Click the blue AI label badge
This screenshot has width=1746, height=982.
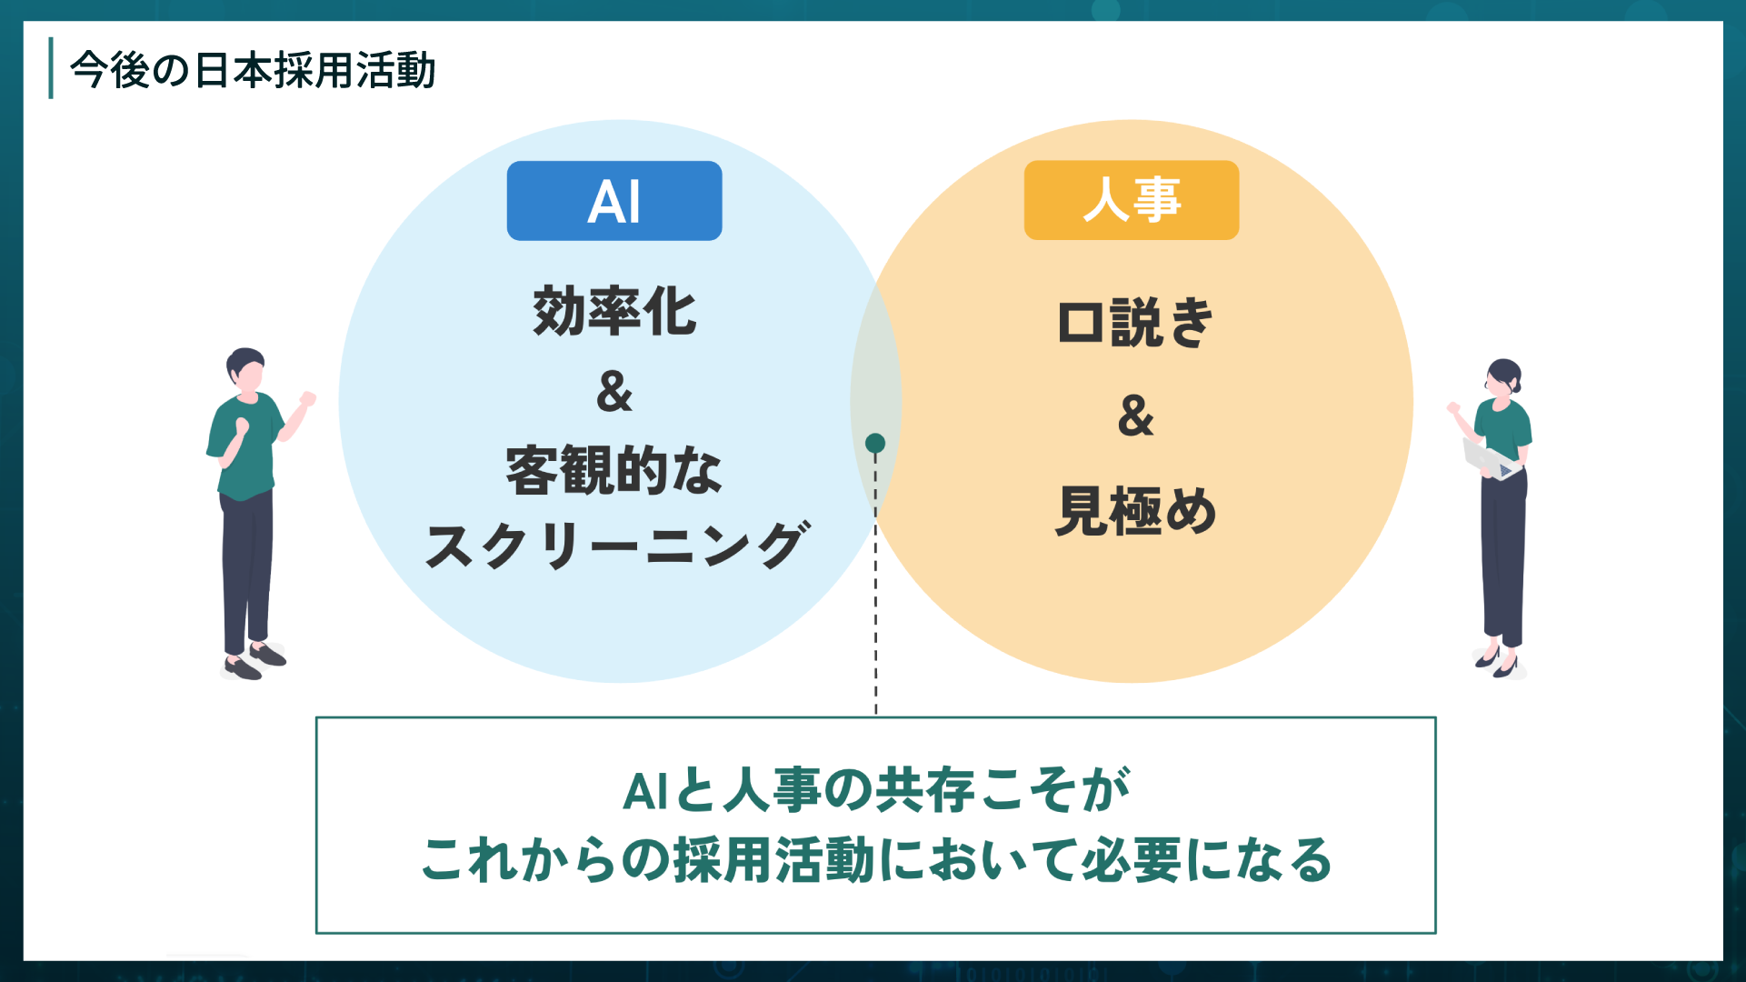[x=614, y=201]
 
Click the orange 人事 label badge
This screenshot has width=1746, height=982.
[x=1131, y=200]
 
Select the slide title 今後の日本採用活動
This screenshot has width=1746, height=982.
[x=253, y=70]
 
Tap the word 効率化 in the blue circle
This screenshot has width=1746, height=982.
[x=614, y=311]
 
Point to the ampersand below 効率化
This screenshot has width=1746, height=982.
[x=614, y=392]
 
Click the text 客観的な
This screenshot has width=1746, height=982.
[x=614, y=470]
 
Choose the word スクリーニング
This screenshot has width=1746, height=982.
[x=616, y=546]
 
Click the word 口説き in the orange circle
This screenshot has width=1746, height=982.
[x=1135, y=323]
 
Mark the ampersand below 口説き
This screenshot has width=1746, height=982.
[x=1135, y=416]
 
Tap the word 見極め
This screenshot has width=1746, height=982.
[x=1135, y=511]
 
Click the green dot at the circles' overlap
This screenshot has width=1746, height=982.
[x=875, y=443]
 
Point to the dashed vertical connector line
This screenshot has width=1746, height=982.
[x=875, y=591]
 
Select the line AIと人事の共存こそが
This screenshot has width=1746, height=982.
[x=875, y=789]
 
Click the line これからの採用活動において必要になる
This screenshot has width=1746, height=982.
[x=875, y=860]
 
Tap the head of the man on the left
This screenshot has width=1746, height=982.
[x=245, y=368]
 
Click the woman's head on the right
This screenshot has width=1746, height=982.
[x=1503, y=376]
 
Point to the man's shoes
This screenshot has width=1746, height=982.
[x=254, y=661]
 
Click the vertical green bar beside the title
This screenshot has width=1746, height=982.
[x=51, y=68]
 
